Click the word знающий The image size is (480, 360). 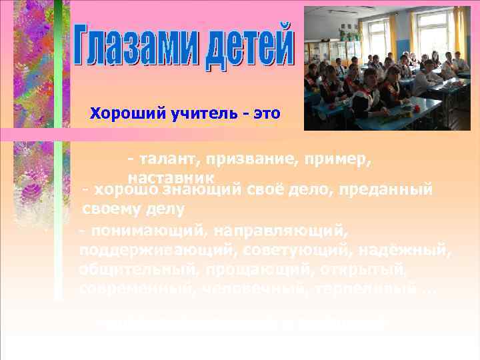click(x=194, y=189)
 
